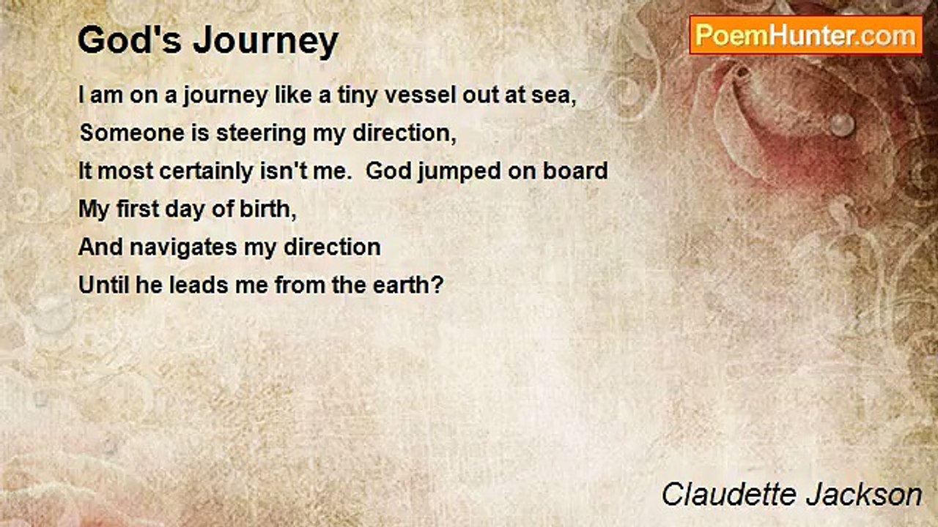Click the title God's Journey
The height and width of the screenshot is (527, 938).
click(207, 41)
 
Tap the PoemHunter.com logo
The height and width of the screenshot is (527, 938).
click(805, 35)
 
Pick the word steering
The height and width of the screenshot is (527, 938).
click(281, 134)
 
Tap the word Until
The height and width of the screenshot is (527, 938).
click(103, 285)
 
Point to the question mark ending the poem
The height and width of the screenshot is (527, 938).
click(438, 285)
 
